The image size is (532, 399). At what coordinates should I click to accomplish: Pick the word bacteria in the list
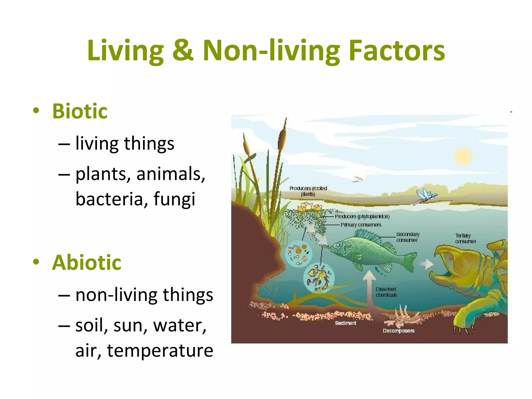[x=109, y=199]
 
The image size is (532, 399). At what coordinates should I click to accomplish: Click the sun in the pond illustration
[x=463, y=156]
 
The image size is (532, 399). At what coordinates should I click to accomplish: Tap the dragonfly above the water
[x=426, y=196]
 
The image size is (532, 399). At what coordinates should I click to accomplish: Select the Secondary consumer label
[x=407, y=237]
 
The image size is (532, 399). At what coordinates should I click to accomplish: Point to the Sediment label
[x=345, y=323]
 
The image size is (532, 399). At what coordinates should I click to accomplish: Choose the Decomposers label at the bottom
[x=398, y=331]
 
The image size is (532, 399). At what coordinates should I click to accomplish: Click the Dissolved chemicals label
[x=386, y=292]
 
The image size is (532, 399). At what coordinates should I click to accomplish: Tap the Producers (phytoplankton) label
[x=362, y=216]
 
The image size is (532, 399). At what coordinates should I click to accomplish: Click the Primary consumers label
[x=361, y=225]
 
